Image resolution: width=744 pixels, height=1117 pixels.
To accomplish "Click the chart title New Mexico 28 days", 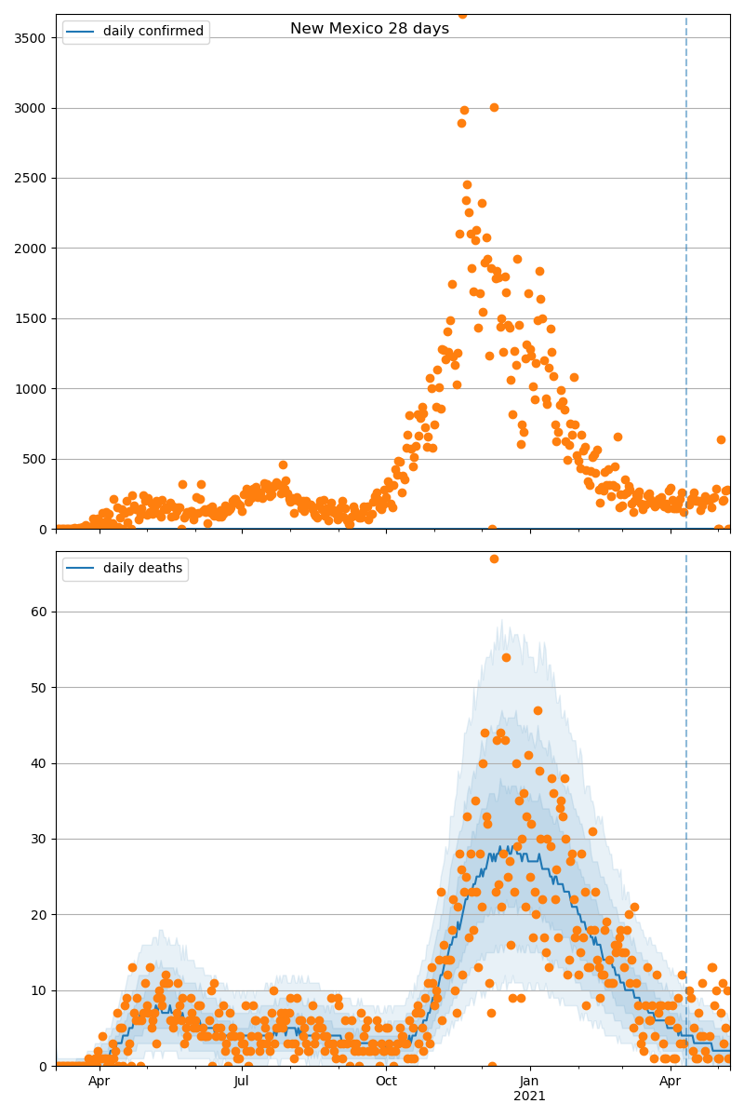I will point(369,29).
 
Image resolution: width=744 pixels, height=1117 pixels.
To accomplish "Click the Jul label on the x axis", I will point(242,1082).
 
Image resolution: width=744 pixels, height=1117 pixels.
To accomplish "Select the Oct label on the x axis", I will point(386,1082).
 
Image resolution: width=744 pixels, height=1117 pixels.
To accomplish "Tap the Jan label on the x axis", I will point(530,1082).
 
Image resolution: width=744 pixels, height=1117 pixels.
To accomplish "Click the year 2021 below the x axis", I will point(530,1097).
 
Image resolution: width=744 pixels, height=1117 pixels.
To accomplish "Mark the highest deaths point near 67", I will point(494,558).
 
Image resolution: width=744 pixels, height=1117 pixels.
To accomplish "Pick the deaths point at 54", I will point(506,657).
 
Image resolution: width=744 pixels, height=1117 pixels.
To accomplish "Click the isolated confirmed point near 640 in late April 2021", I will point(721,439).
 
